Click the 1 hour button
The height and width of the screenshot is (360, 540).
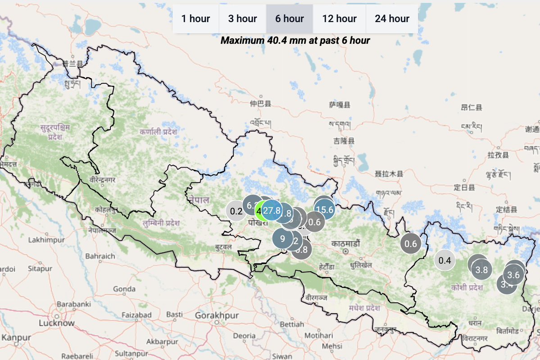coord(195,19)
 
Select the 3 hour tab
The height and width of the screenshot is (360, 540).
coord(242,19)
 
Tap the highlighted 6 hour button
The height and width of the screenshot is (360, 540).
coord(290,19)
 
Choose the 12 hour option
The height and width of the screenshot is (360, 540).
coord(339,19)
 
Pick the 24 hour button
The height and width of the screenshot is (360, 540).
coord(392,19)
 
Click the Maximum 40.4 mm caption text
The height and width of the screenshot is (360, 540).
coord(295,41)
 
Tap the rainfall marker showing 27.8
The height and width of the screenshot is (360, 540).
coord(272,210)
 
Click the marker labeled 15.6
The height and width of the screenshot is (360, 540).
coord(325,209)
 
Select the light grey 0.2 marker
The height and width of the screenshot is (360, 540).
coord(236,211)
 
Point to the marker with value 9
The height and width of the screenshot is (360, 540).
coord(282,239)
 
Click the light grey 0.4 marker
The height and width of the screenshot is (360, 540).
coord(445,260)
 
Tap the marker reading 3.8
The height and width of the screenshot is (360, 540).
coord(481,270)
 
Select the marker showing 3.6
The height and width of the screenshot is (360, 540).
coord(514,274)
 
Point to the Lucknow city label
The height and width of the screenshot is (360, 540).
coord(56,323)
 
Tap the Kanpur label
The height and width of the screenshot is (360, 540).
coord(17,337)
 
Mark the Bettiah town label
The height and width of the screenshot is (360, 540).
coord(292,324)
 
